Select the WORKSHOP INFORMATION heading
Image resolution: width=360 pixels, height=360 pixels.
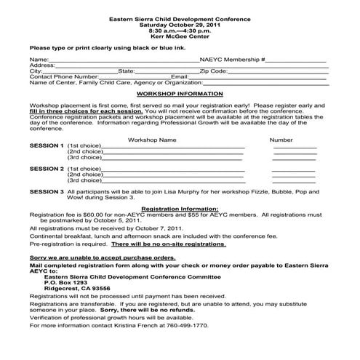click(179, 95)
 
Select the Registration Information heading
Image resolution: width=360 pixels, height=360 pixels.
click(179, 209)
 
